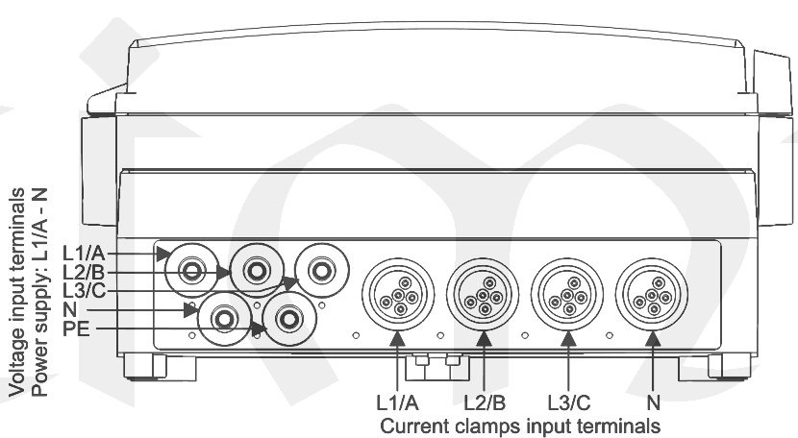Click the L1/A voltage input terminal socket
(192, 271)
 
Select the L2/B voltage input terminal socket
(257, 271)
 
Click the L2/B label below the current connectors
(485, 401)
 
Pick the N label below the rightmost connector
(654, 401)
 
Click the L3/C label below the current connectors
(569, 401)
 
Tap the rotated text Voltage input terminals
(17, 293)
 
